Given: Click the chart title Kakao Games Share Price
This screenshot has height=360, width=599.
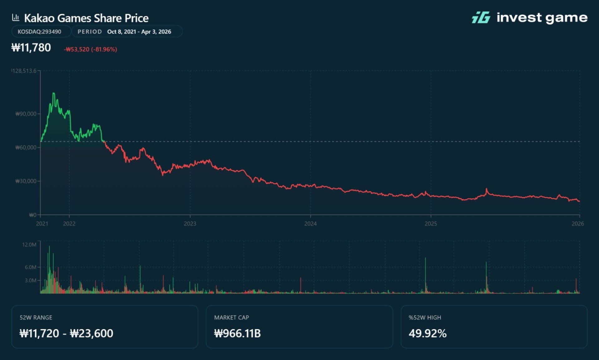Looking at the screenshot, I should click(x=86, y=18).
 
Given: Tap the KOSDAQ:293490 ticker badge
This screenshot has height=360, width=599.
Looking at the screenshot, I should click(x=39, y=32).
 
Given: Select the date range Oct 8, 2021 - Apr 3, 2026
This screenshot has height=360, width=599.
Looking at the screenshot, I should click(x=139, y=32).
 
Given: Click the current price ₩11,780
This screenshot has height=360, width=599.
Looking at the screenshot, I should click(x=31, y=48).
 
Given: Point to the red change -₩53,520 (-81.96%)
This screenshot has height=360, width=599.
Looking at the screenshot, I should click(x=90, y=49).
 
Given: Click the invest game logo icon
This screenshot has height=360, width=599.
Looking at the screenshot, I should click(x=481, y=17).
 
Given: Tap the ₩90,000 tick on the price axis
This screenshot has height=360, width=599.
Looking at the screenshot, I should click(x=26, y=114).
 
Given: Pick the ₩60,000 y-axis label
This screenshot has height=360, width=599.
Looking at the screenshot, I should click(x=26, y=147).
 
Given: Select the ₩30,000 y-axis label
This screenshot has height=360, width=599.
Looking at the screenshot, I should click(x=26, y=181).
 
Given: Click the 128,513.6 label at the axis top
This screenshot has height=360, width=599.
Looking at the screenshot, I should click(x=24, y=71).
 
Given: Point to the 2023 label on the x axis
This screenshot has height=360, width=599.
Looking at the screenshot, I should click(x=190, y=224).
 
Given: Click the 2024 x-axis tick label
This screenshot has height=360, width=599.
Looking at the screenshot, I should click(x=310, y=224).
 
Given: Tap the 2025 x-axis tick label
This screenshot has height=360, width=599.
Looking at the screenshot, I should click(x=431, y=224).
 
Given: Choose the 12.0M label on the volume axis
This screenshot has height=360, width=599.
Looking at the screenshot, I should click(x=29, y=244).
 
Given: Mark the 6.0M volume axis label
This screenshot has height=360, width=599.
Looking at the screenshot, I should click(x=31, y=267).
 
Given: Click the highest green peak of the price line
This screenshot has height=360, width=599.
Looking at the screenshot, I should click(x=54, y=93).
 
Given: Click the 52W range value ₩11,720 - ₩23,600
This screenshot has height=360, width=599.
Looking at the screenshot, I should click(x=66, y=333).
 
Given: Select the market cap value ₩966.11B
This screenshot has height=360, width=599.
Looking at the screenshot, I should click(x=237, y=333).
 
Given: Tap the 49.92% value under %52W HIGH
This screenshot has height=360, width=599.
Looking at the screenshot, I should click(x=427, y=333).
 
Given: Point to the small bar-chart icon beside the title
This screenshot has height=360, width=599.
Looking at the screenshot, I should click(x=16, y=17).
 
